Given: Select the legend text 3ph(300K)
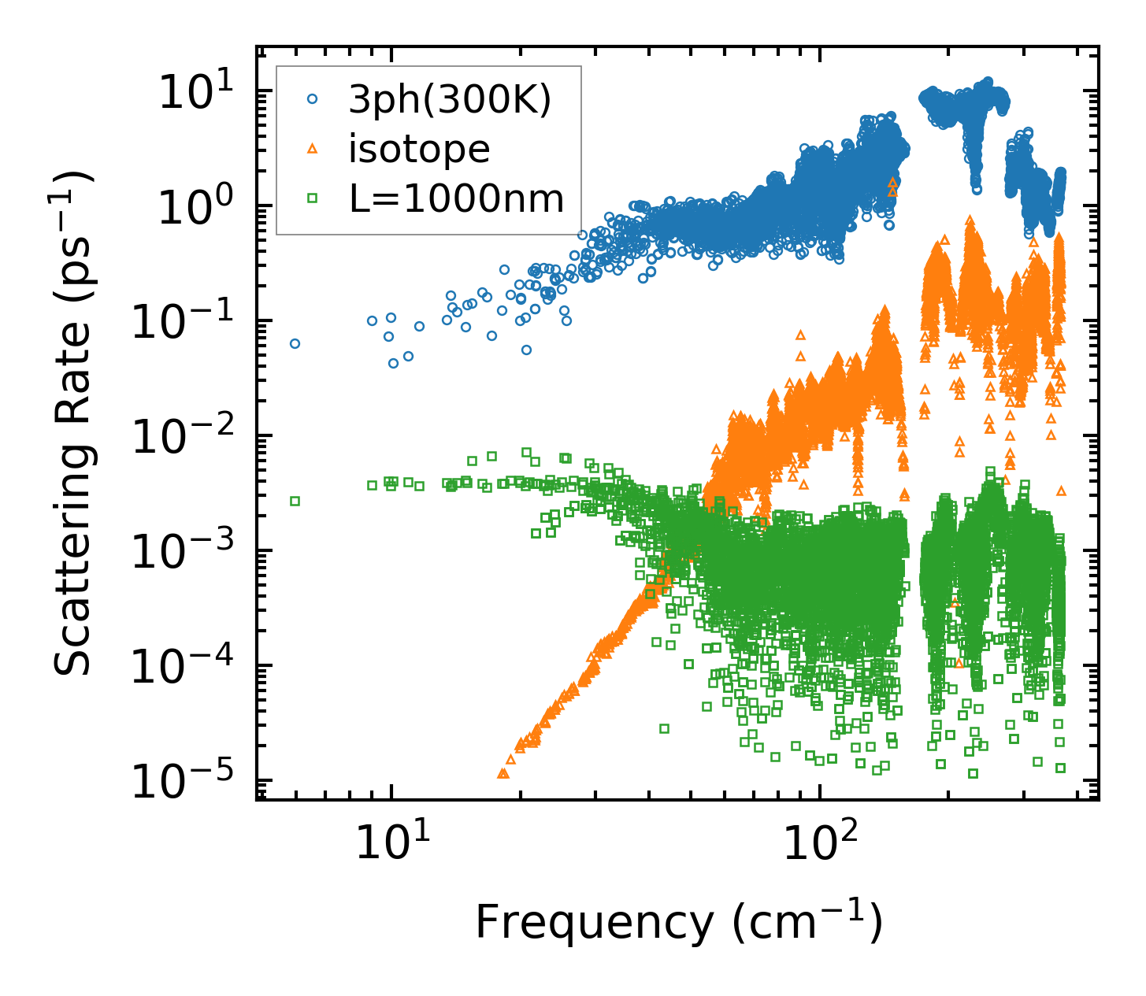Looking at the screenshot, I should (x=450, y=100).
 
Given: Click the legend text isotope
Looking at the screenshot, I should (x=419, y=150).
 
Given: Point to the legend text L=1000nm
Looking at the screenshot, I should (x=457, y=199).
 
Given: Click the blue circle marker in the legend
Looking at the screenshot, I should (x=313, y=99).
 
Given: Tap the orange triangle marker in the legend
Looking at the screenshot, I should (x=313, y=149).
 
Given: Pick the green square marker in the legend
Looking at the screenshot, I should (x=313, y=199).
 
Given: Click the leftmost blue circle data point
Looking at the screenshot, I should (x=295, y=343).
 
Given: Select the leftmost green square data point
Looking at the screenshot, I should (x=295, y=501).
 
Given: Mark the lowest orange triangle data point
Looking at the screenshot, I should (x=503, y=774).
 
